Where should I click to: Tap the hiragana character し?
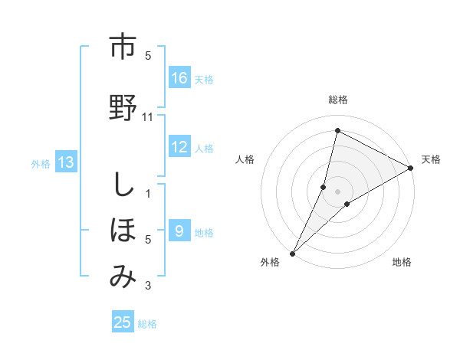pos(122,186)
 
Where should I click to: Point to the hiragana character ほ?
pos(122,228)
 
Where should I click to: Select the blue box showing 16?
pos(179,78)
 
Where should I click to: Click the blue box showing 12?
pos(179,148)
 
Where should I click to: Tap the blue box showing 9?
pos(179,231)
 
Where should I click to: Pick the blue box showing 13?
pos(66,162)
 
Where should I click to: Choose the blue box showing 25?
pos(123,322)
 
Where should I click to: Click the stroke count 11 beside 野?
pos(148,116)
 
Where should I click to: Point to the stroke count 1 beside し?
pos(148,193)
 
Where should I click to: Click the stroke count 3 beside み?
pos(148,286)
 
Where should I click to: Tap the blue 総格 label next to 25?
pos(147,324)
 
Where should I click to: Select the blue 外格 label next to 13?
pos(40,163)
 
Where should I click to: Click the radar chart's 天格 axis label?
pos(431,159)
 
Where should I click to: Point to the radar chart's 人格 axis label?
pos(245,159)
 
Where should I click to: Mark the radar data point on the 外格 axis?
pos(292,253)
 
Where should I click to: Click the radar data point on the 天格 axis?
pos(411,168)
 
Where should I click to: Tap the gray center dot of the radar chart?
pos(338,191)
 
